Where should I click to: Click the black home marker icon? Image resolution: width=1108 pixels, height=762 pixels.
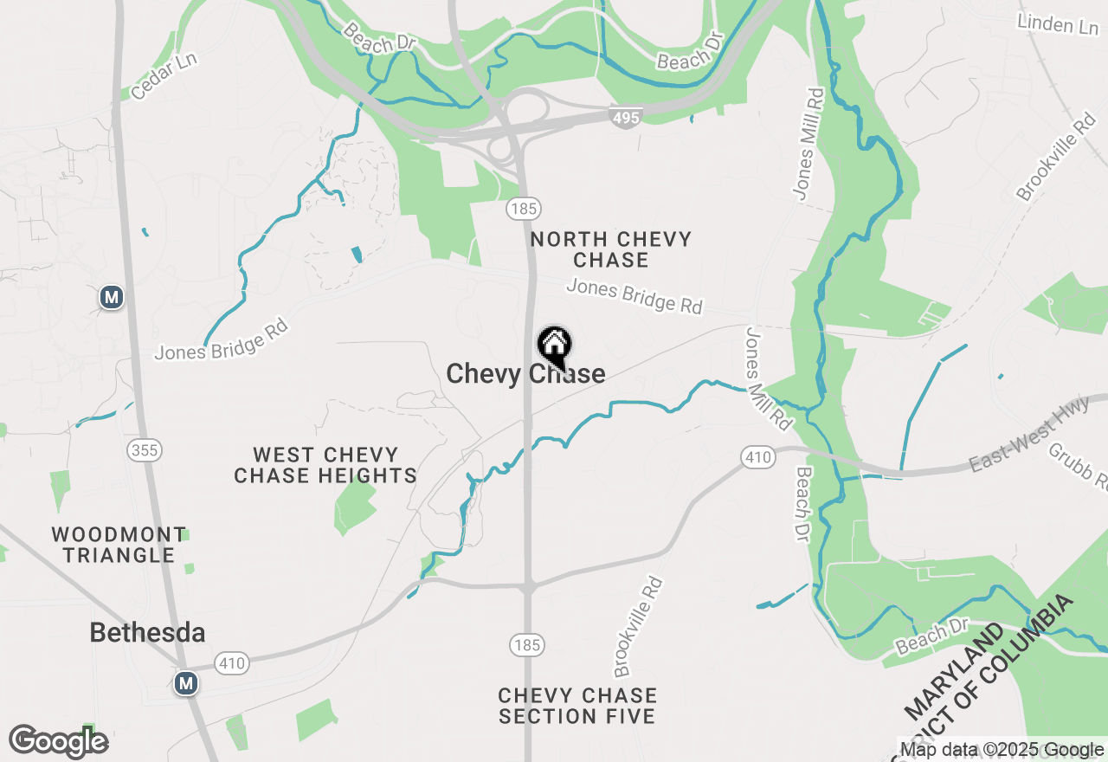pyautogui.click(x=554, y=345)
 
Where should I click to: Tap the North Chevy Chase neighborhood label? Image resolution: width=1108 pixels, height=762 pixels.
pyautogui.click(x=610, y=249)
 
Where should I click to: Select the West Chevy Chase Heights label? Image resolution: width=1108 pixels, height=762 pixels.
pyautogui.click(x=325, y=465)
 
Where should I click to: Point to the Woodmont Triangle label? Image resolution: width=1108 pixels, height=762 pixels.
pyautogui.click(x=119, y=545)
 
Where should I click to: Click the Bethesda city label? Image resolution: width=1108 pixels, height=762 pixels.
pyautogui.click(x=147, y=633)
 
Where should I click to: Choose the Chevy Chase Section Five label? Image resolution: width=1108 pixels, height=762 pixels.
pyautogui.click(x=577, y=706)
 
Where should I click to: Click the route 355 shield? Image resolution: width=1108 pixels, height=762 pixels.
pyautogui.click(x=144, y=450)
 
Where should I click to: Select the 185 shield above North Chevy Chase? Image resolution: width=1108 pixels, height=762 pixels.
pyautogui.click(x=524, y=209)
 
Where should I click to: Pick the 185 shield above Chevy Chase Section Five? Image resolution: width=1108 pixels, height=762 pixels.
pyautogui.click(x=525, y=645)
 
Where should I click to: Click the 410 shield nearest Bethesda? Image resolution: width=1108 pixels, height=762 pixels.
pyautogui.click(x=232, y=664)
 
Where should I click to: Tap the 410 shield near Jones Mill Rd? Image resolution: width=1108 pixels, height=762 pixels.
pyautogui.click(x=757, y=457)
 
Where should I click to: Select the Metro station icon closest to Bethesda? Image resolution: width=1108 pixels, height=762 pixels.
pyautogui.click(x=185, y=683)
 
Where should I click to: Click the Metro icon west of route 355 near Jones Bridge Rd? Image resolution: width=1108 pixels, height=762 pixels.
pyautogui.click(x=111, y=298)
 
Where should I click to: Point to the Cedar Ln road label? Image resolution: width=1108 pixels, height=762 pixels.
pyautogui.click(x=164, y=75)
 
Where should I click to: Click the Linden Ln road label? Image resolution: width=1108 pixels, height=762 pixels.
pyautogui.click(x=1058, y=24)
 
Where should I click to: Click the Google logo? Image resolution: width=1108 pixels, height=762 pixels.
pyautogui.click(x=58, y=742)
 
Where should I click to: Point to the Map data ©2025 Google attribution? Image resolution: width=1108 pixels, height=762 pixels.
pyautogui.click(x=1002, y=750)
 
